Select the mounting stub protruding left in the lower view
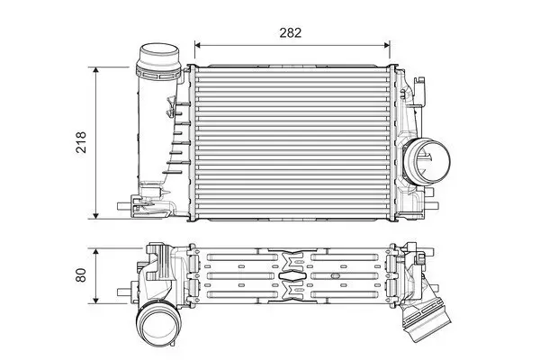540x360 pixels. [126, 291]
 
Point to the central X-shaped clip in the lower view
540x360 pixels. [292, 274]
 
